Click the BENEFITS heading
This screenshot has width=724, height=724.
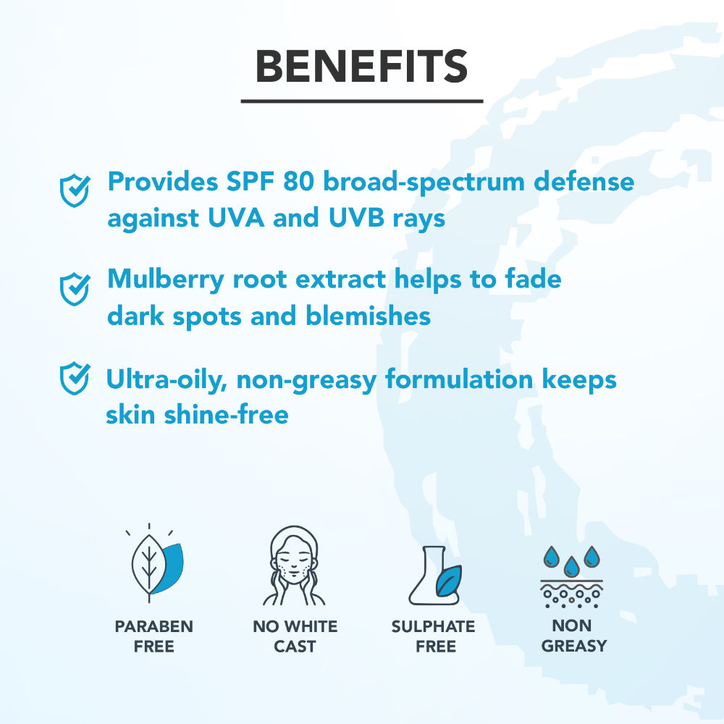point(361,67)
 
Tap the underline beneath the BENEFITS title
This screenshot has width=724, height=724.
point(362,101)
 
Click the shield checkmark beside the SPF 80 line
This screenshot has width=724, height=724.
point(75,190)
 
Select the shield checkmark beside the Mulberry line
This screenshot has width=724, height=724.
point(75,289)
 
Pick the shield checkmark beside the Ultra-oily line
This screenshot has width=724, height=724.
point(75,378)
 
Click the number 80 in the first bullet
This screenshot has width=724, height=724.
point(298,182)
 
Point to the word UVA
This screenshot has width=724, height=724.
point(236,217)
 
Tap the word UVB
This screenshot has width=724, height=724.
point(356,217)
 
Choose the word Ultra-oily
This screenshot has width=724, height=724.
point(167,381)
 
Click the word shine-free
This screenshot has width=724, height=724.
point(226,414)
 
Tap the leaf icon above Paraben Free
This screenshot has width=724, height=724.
point(155,563)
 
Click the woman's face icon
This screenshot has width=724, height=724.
point(294,565)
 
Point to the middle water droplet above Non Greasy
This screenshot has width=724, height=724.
point(572,567)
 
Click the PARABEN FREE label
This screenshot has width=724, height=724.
point(153,636)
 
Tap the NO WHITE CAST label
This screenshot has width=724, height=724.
point(295,636)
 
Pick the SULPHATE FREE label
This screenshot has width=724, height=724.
point(434,636)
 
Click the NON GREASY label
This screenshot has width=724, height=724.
point(573,636)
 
